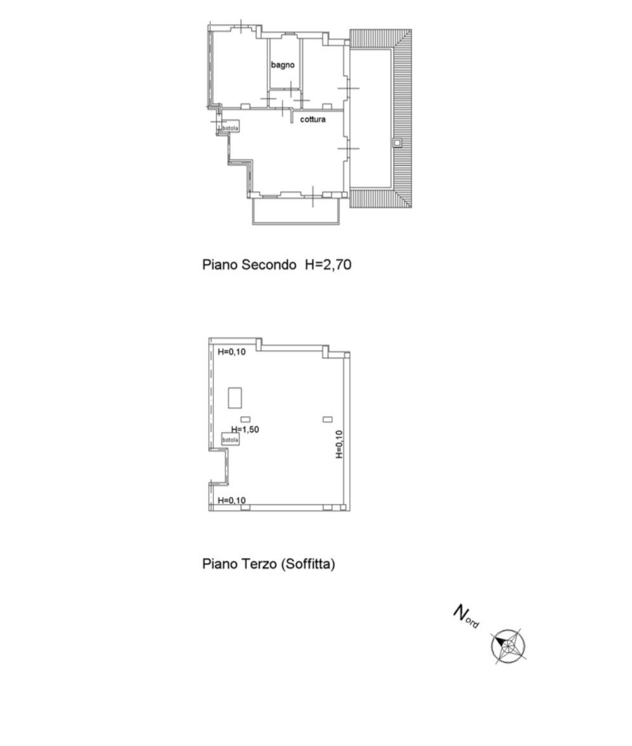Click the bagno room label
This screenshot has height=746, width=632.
[x=283, y=65]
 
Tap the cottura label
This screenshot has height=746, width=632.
[x=313, y=119]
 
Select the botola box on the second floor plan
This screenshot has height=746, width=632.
[x=231, y=128]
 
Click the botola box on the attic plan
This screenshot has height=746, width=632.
[x=230, y=440]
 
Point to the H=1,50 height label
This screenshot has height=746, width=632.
[x=245, y=429]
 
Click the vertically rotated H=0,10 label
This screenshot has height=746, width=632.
[x=339, y=444]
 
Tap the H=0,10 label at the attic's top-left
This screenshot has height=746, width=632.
[x=232, y=352]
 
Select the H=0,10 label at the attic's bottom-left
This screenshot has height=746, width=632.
[x=232, y=500]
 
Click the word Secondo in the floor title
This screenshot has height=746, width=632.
[x=269, y=264]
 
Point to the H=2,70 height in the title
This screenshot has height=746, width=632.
[x=328, y=264]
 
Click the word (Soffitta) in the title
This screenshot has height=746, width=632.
[x=308, y=564]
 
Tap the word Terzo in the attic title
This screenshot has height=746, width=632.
[x=260, y=564]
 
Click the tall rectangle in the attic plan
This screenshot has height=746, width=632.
[x=235, y=398]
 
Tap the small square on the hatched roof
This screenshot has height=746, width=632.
[x=397, y=142]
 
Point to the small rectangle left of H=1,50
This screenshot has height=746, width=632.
[x=245, y=419]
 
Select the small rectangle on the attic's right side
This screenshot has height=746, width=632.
[x=328, y=419]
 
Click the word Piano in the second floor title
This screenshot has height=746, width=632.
[x=220, y=264]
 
